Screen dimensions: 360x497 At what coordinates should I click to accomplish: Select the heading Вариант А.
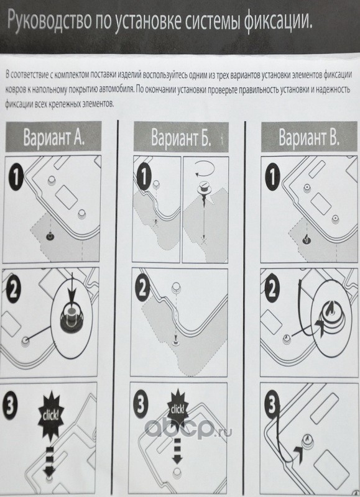click(54, 137)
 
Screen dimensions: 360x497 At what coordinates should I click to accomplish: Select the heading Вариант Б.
click(181, 137)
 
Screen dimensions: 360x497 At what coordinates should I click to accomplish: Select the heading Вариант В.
click(309, 137)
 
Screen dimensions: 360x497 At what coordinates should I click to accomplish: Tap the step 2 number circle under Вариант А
click(12, 290)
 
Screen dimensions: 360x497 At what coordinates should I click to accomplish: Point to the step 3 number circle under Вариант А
click(11, 404)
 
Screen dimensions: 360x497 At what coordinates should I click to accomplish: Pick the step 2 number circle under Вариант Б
click(143, 289)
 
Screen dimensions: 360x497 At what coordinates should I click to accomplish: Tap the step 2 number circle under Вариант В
click(272, 289)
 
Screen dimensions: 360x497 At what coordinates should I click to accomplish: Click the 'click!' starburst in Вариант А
click(50, 415)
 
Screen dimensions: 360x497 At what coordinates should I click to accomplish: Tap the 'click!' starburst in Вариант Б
click(178, 410)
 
